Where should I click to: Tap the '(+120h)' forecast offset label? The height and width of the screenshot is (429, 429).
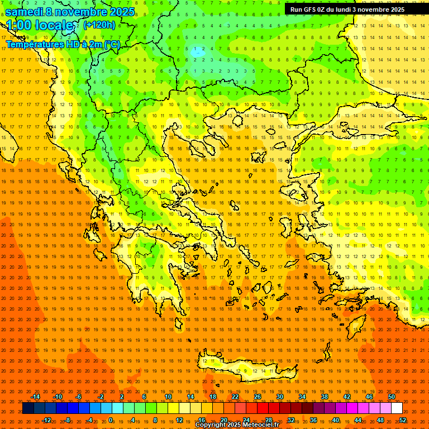99,25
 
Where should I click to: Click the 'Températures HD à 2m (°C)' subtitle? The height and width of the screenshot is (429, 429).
63,44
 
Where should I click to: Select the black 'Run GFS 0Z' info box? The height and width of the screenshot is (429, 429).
353,9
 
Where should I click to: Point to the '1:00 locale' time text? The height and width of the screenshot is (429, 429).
40,26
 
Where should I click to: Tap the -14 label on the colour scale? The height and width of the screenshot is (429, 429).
35,397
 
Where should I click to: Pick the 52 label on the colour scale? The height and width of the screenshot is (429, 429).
403,420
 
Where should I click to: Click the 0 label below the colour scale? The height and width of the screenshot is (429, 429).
111,420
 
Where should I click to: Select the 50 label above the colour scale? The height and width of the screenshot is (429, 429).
391,397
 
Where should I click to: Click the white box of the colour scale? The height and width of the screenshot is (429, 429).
397,408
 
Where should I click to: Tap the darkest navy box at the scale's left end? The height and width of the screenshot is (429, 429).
28,408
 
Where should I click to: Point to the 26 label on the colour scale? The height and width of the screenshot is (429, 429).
258,397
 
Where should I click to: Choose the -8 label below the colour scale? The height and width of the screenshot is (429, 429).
68,420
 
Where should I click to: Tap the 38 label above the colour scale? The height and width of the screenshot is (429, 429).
325,397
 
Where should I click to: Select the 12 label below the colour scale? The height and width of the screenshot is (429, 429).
179,420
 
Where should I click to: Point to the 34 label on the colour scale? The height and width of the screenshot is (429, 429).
302,397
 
